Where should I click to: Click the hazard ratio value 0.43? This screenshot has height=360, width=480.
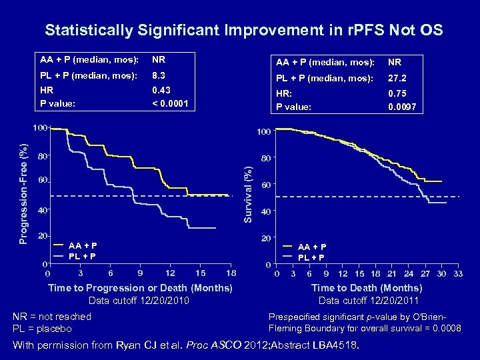point(161,90)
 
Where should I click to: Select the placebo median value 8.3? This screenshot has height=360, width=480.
point(158,76)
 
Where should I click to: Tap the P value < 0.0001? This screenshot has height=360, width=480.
point(170,103)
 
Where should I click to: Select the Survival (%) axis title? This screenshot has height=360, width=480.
point(247,194)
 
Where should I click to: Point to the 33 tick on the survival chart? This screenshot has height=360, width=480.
point(458,274)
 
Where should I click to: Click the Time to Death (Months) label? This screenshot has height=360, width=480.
point(367,288)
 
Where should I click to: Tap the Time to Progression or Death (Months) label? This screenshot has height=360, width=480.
point(140,288)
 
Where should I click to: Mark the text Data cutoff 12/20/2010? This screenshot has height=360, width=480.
point(139,301)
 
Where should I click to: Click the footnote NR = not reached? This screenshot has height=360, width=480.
point(52,317)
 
